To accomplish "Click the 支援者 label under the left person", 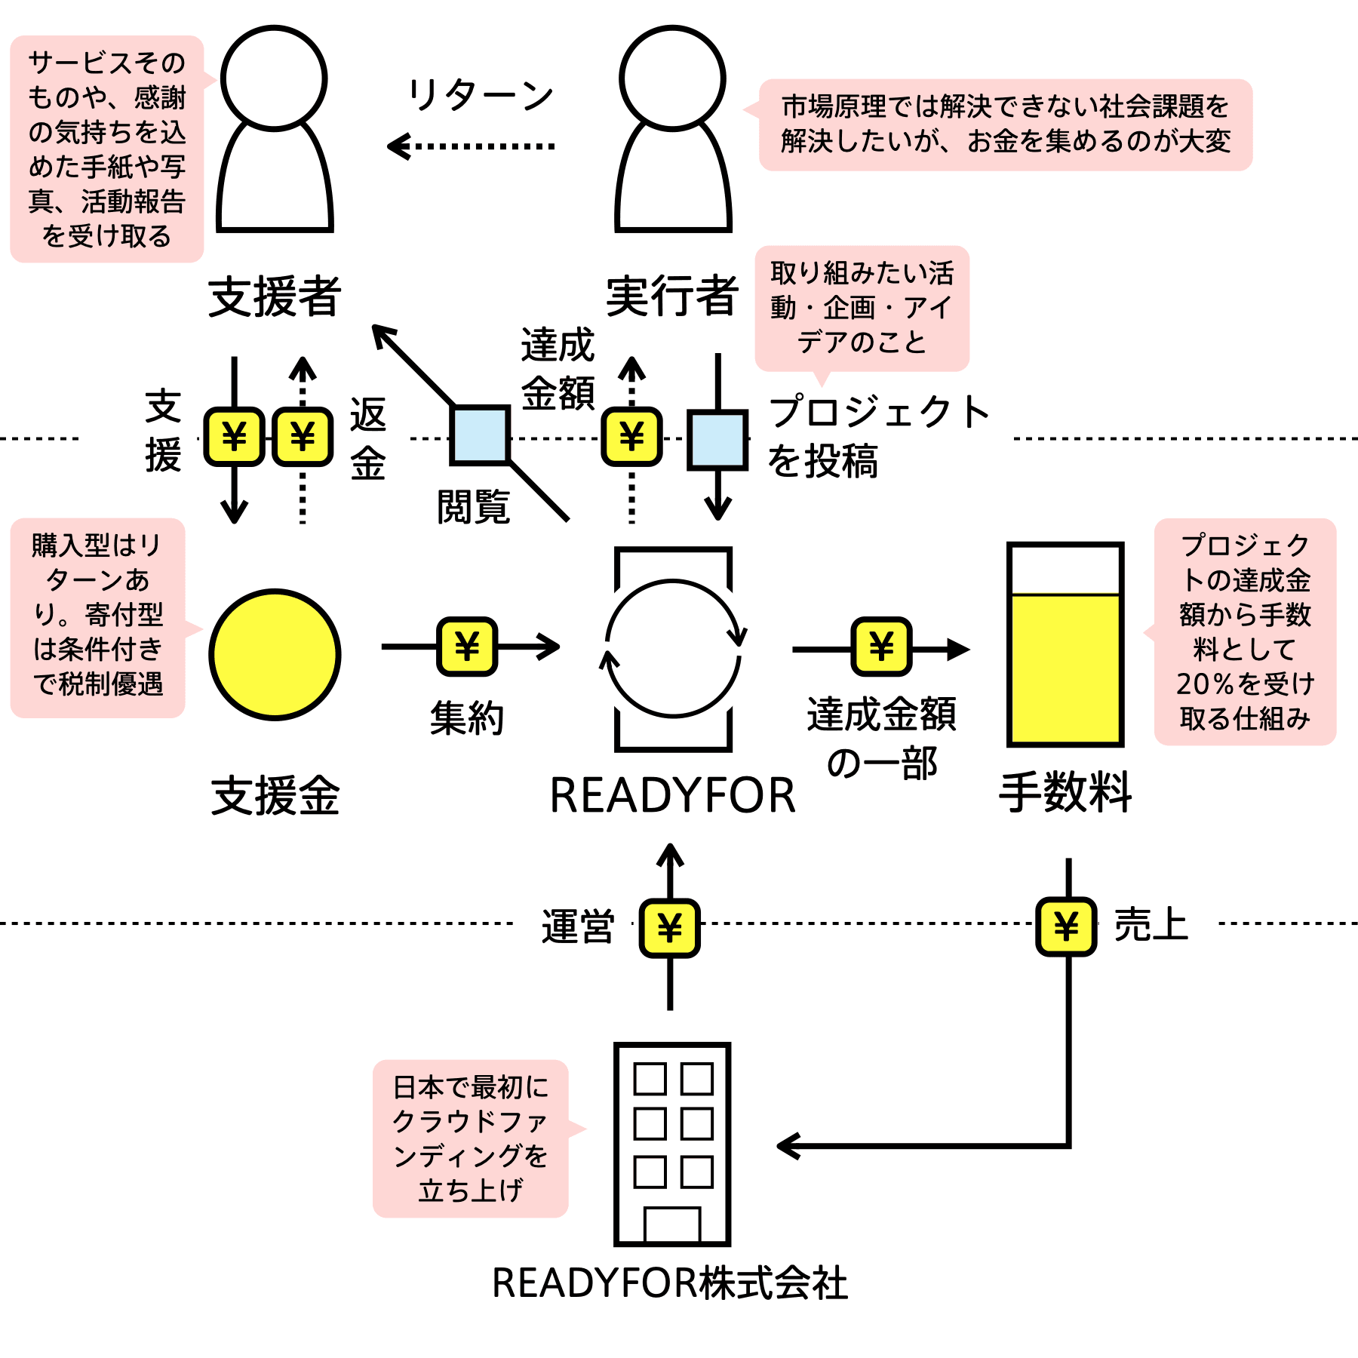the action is click(275, 296).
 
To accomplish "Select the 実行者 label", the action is click(672, 296).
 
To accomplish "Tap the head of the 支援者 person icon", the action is click(274, 78).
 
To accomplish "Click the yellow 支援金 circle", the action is click(275, 654).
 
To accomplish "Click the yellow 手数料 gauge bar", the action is click(1065, 668).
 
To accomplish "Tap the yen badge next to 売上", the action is click(1066, 926).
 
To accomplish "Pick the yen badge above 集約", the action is click(467, 647).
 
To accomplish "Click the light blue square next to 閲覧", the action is click(480, 435).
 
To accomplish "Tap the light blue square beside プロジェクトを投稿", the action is click(717, 440).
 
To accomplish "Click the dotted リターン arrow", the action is click(471, 146).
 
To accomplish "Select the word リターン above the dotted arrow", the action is click(481, 96).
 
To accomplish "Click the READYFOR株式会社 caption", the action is click(670, 1283).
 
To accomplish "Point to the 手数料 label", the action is click(1065, 792).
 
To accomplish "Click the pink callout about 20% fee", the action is click(1244, 632).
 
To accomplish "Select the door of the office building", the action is click(672, 1225).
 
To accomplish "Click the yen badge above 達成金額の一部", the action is click(881, 647).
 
